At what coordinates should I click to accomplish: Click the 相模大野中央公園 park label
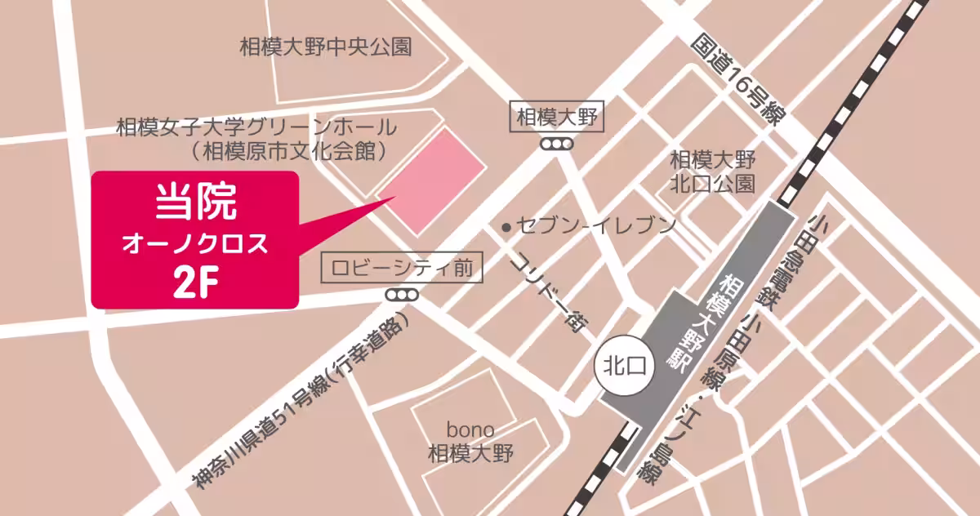pyautogui.click(x=325, y=47)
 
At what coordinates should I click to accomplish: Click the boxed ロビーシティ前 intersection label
pyautogui.click(x=402, y=268)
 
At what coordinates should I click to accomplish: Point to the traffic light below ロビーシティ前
pyautogui.click(x=402, y=294)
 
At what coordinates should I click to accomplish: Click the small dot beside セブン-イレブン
pyautogui.click(x=507, y=226)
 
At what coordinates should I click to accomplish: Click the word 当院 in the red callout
pyautogui.click(x=195, y=202)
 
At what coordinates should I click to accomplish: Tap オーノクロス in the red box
pyautogui.click(x=194, y=242)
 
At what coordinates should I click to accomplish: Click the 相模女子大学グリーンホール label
pyautogui.click(x=256, y=127)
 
